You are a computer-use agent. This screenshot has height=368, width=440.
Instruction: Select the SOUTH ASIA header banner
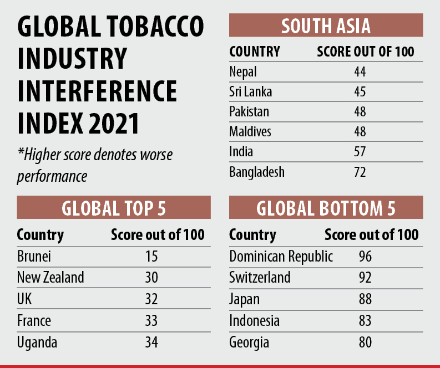[x=326, y=26]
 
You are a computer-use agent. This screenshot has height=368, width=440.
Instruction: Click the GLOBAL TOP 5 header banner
[x=114, y=208]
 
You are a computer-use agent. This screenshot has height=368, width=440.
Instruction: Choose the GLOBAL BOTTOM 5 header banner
[x=326, y=208]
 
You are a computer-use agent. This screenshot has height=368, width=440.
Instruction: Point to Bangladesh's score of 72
[x=360, y=172]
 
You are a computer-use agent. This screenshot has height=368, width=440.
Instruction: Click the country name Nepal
[x=243, y=71]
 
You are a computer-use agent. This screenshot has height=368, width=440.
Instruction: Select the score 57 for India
[x=360, y=152]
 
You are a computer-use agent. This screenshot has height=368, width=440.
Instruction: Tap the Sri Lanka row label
[x=250, y=91]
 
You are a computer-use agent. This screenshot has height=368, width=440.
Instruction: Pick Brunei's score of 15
[x=150, y=257]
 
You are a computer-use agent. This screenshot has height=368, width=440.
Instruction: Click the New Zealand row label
[x=50, y=277]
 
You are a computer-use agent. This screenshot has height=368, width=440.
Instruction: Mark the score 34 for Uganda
[x=150, y=341]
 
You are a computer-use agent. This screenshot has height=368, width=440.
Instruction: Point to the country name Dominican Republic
[x=281, y=257]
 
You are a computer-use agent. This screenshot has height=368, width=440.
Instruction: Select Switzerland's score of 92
[x=365, y=277]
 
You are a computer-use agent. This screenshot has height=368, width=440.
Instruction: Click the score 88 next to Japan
[x=365, y=299]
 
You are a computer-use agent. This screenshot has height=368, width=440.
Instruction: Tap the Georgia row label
[x=249, y=343]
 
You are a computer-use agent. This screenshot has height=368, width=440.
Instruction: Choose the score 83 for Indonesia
[x=365, y=320]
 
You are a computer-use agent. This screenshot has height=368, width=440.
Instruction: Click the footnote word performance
[x=52, y=177]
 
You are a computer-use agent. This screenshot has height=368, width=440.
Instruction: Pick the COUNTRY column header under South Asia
[x=255, y=52]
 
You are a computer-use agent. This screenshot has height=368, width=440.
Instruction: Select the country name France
[x=34, y=320]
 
